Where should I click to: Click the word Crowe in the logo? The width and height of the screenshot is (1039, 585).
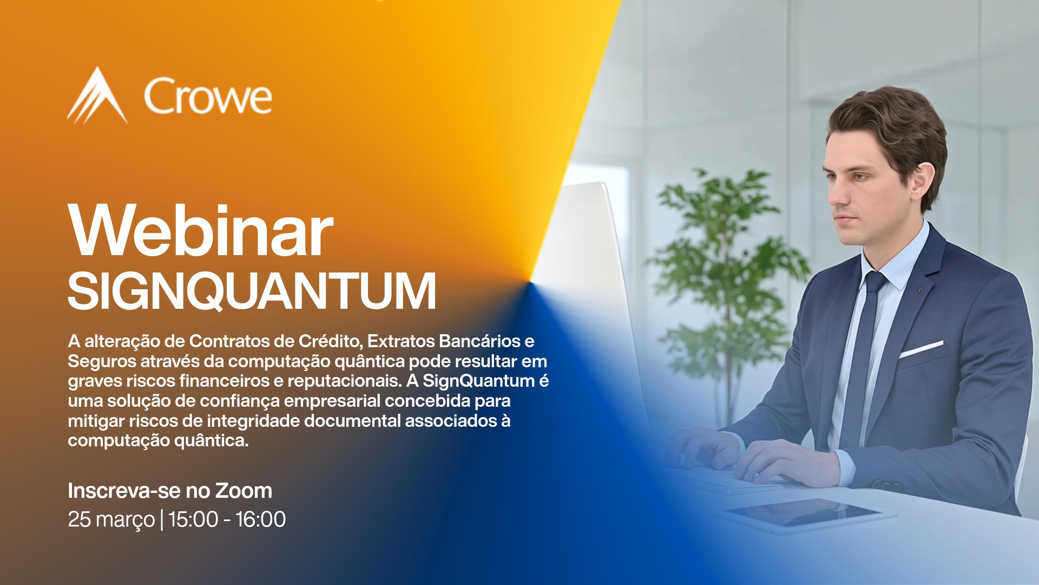click(x=208, y=96)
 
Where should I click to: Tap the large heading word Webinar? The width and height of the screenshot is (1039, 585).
click(x=200, y=231)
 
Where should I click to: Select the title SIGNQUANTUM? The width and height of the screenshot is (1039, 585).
click(x=252, y=291)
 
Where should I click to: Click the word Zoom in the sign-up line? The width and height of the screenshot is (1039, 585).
click(x=244, y=491)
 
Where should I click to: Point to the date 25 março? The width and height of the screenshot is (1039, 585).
click(x=111, y=519)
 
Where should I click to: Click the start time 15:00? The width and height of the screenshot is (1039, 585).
click(x=193, y=519)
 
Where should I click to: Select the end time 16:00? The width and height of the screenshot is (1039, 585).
click(x=260, y=519)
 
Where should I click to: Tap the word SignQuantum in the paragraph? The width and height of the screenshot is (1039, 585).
click(x=479, y=381)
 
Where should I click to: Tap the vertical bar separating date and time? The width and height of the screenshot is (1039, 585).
click(x=162, y=519)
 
